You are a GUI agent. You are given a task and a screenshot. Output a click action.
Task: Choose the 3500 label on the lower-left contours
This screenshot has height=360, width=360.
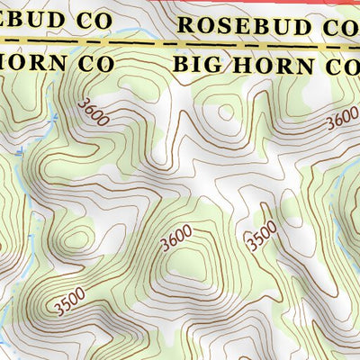[69, 301]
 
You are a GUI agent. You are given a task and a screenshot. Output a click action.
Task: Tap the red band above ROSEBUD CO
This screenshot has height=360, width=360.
[270, 3]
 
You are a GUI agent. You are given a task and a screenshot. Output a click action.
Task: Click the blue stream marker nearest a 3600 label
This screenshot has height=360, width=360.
[56, 118]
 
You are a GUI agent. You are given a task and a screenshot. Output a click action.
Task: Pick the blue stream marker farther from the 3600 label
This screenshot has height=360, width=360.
[20, 154]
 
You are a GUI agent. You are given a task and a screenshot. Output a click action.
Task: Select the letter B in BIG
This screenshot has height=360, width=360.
[179, 65]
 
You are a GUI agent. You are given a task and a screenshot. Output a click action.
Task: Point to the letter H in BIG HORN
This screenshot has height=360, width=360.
[233, 66]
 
